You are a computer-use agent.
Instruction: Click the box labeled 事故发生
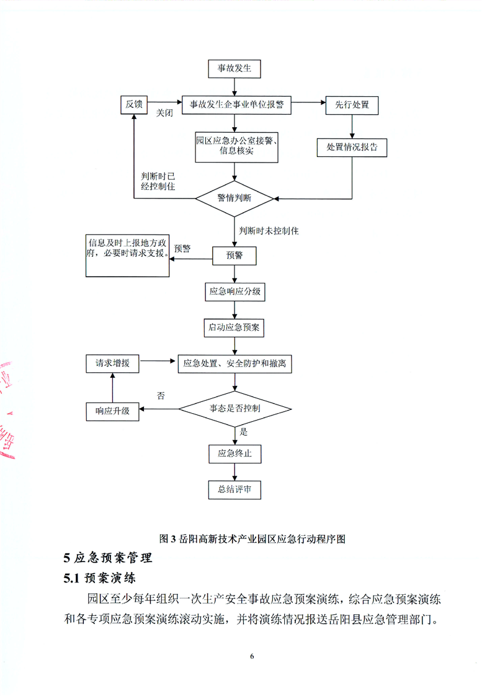click(234, 69)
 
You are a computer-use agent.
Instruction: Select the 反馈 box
click(134, 104)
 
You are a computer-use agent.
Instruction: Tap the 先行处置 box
click(352, 104)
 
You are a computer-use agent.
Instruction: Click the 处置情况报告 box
click(352, 148)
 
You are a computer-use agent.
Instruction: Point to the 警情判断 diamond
click(234, 199)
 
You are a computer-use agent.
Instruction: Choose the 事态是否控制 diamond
click(234, 409)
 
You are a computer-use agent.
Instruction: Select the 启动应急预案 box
click(234, 326)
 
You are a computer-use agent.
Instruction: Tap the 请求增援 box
click(112, 364)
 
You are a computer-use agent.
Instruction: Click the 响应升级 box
click(112, 410)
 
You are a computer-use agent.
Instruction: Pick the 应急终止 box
click(234, 453)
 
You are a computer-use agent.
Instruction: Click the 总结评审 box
click(234, 489)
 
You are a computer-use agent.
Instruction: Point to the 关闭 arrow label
click(164, 114)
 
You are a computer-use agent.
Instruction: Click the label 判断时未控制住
click(269, 231)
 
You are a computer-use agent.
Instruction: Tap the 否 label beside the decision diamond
click(161, 395)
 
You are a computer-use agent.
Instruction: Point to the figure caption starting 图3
click(252, 538)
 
